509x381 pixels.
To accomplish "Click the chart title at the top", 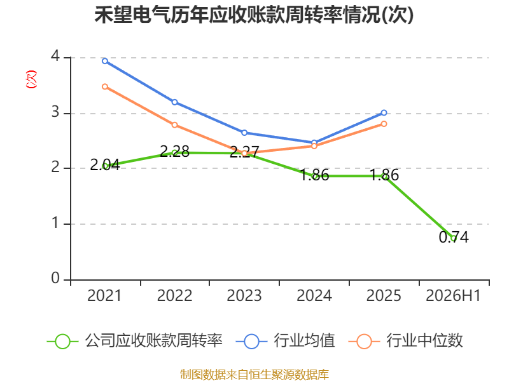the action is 254,15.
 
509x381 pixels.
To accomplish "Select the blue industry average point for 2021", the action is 105,61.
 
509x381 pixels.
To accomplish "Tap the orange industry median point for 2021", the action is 105,86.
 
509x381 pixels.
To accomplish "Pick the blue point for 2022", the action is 174,102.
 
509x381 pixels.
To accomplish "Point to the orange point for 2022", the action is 174,124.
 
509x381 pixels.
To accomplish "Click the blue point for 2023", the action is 244,133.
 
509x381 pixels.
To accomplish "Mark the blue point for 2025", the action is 384,113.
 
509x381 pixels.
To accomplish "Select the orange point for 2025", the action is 384,124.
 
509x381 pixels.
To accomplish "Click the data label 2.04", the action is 105,165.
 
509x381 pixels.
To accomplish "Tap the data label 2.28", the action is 174,151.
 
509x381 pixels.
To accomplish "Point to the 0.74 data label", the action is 454,237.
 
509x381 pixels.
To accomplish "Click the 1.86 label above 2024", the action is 314,175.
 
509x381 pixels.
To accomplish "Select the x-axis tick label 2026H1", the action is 453,295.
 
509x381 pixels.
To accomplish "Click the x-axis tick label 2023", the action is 244,295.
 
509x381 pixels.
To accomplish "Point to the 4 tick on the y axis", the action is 55,56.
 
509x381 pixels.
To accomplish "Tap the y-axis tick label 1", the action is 56,223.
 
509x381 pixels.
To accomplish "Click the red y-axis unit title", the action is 31,79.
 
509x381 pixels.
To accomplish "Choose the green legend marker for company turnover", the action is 62,342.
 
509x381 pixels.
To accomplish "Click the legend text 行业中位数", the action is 424,341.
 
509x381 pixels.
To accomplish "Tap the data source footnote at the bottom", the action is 254,375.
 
